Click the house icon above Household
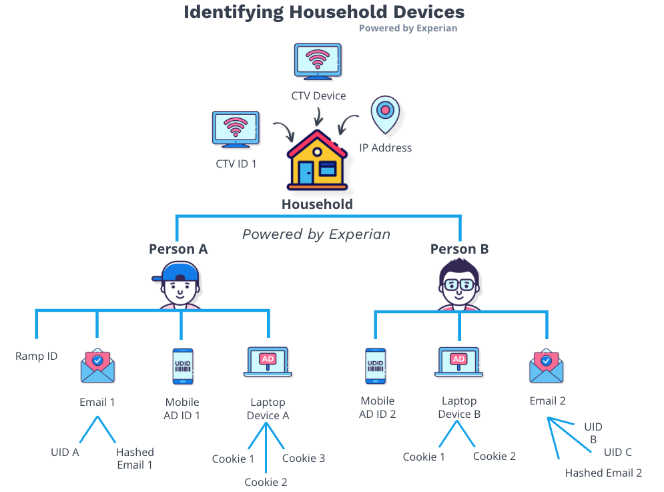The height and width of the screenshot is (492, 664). click(317, 162)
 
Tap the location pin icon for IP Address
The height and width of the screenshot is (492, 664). click(385, 113)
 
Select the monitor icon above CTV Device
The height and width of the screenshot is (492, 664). click(318, 62)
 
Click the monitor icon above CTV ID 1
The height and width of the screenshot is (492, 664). click(236, 128)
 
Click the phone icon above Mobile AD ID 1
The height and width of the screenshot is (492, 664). click(182, 366)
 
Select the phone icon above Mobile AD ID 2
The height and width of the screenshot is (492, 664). click(375, 366)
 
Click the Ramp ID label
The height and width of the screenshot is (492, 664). click(37, 356)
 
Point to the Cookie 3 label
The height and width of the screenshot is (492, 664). click(304, 458)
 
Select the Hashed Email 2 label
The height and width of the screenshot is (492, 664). click(603, 473)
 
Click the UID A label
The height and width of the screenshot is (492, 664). click(65, 452)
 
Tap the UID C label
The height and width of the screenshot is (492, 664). click(618, 452)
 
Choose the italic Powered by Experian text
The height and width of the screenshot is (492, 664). click(316, 234)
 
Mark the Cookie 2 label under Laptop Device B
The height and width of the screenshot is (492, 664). click(494, 456)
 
